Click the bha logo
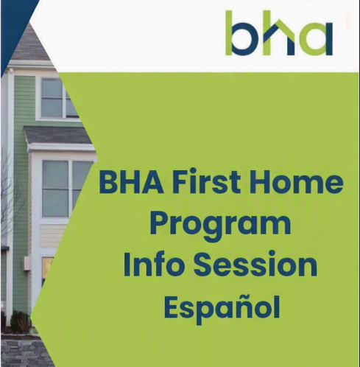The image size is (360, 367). coord(279,33)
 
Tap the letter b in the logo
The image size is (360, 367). coord(242,33)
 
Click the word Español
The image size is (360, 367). coord(222,307)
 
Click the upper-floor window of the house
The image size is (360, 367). coord(60,98)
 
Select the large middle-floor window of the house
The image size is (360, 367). coord(65,189)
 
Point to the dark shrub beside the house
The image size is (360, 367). coord(20,322)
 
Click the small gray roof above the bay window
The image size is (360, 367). coord(59,135)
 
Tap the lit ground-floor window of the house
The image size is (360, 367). coord(47,268)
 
